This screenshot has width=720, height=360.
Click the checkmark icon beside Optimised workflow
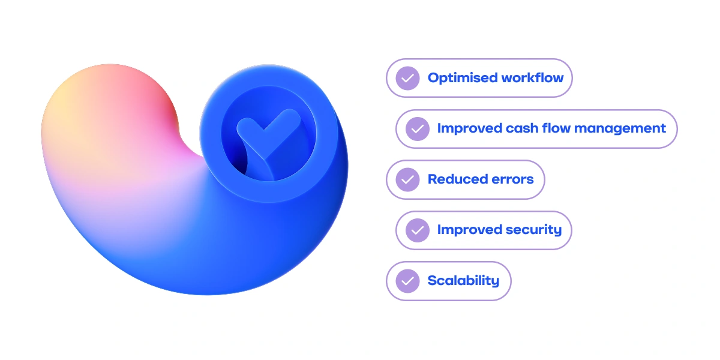(408, 78)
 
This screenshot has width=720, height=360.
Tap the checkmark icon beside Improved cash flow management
(418, 128)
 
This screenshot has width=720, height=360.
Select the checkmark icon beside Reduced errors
(408, 179)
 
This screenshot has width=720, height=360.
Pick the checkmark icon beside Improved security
(418, 230)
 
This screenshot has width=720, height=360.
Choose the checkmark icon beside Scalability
(408, 281)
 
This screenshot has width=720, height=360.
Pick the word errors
(512, 179)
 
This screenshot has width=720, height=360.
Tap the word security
(532, 230)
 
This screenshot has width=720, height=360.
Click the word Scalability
(463, 281)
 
